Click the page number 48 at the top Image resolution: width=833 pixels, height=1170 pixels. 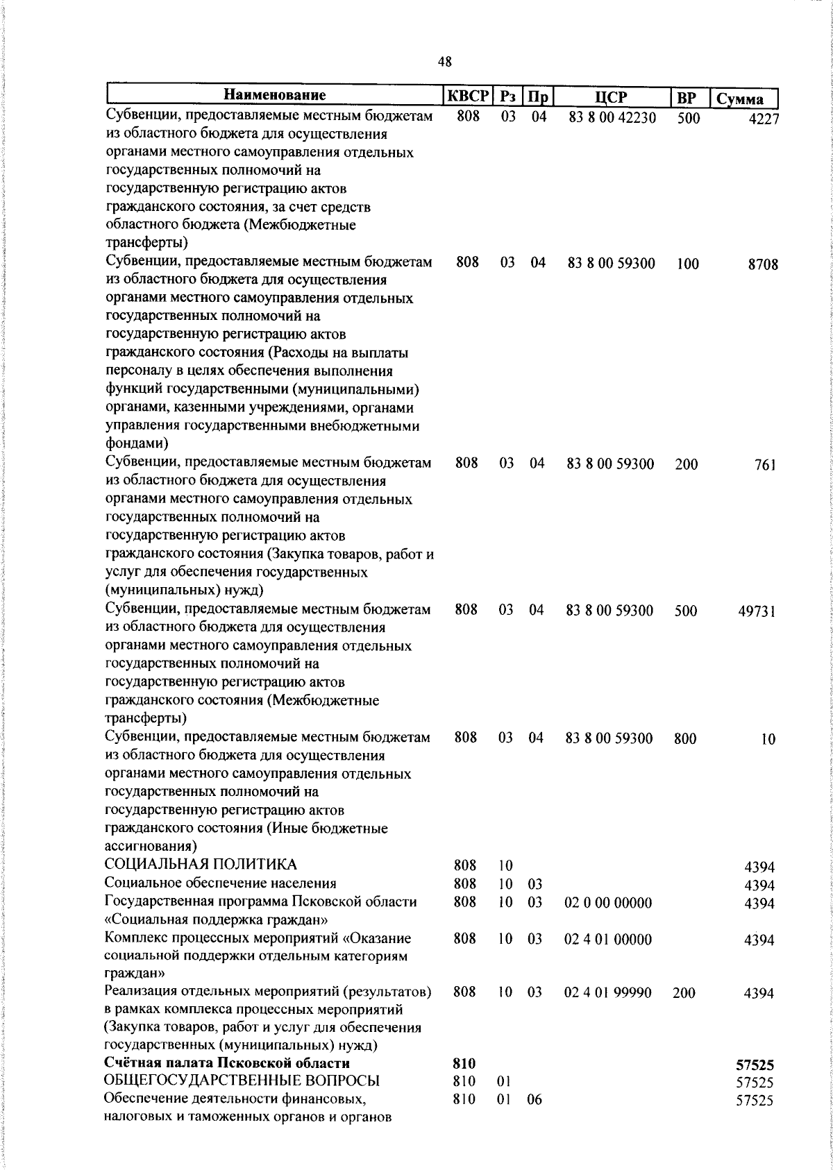(x=445, y=62)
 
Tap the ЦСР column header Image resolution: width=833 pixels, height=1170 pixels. (x=611, y=97)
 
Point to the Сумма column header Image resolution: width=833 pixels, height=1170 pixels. (x=739, y=99)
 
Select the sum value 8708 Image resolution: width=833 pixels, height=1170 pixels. (x=763, y=264)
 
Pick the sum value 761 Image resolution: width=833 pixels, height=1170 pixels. (x=764, y=465)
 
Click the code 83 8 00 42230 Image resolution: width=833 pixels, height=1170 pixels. (x=612, y=118)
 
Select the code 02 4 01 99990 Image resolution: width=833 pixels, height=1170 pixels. (x=607, y=993)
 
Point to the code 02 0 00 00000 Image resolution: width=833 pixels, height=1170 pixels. (x=608, y=903)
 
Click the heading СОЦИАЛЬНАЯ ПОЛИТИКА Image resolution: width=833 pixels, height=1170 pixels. (x=200, y=865)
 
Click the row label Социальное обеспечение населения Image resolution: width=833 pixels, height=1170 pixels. (x=220, y=883)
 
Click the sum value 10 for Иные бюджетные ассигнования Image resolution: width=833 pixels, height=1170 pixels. (x=767, y=740)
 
